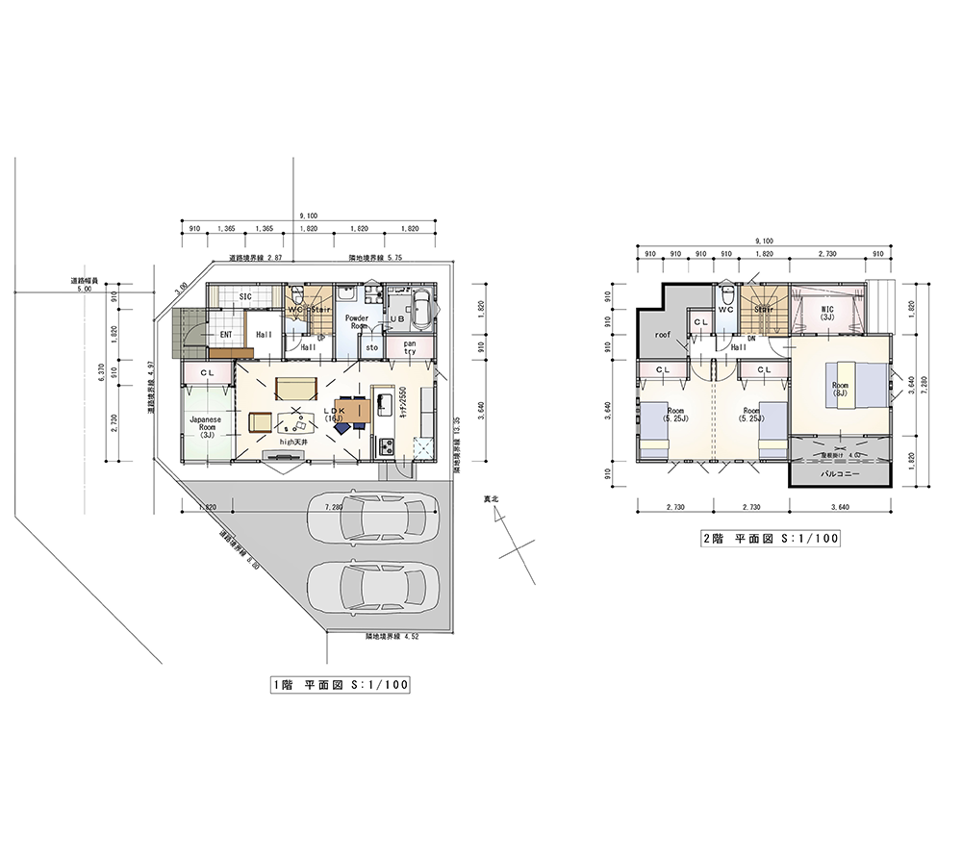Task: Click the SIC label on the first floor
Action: (x=245, y=296)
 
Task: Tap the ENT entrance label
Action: (x=226, y=335)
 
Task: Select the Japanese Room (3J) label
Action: (x=205, y=425)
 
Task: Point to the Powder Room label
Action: (x=358, y=321)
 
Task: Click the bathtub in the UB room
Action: (x=420, y=310)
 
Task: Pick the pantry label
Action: (x=410, y=347)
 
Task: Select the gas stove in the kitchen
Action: (x=387, y=446)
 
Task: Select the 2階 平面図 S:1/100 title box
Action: (x=771, y=540)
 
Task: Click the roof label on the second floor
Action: (x=662, y=335)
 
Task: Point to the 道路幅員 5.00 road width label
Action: (x=84, y=285)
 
